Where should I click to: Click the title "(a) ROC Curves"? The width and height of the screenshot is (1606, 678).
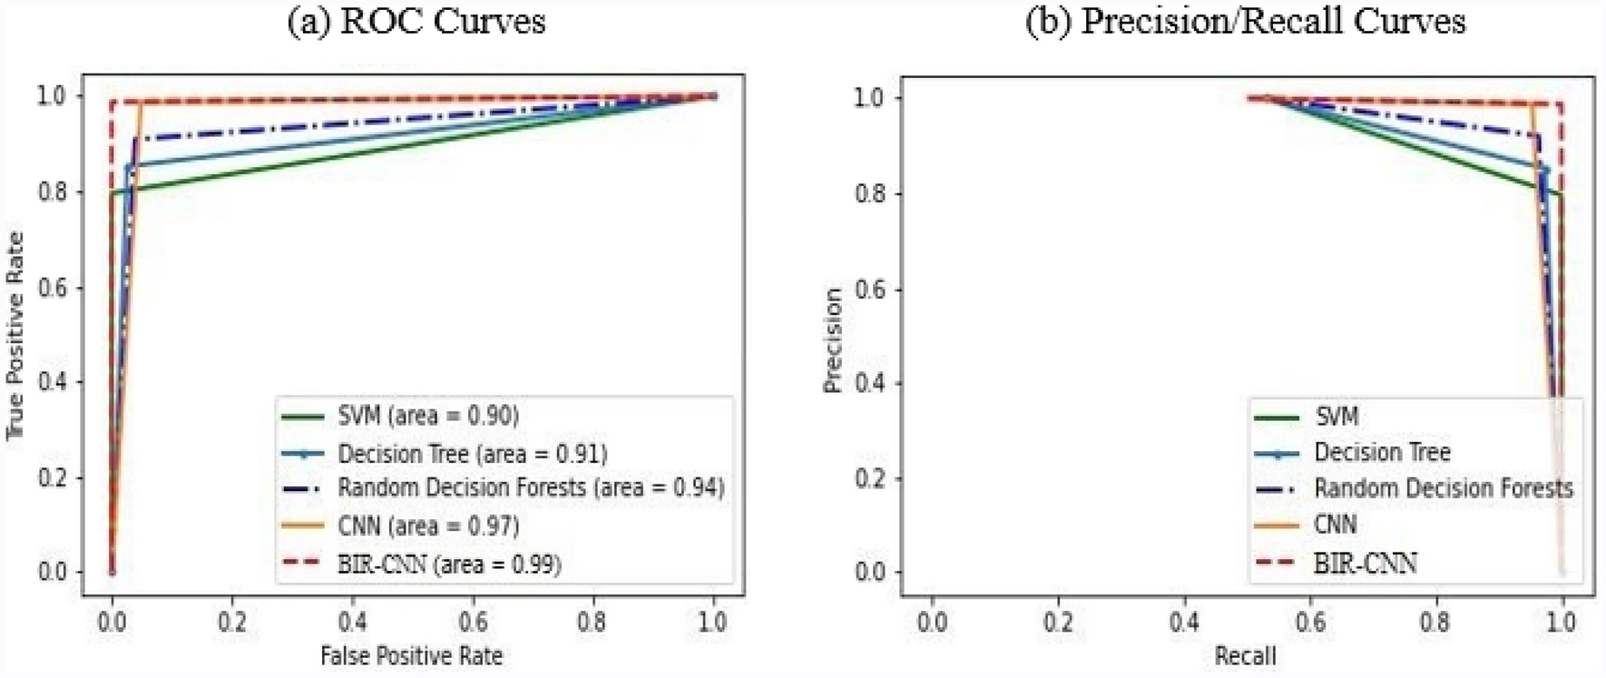[416, 21]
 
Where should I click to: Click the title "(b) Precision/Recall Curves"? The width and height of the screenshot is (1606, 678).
[1245, 21]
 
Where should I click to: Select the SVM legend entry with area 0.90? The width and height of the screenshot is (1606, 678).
[427, 416]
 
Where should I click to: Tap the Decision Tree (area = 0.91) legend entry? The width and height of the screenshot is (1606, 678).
[472, 453]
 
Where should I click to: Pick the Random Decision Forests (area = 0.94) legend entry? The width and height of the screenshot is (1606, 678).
[531, 488]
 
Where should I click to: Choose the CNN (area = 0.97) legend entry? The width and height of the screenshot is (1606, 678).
[427, 526]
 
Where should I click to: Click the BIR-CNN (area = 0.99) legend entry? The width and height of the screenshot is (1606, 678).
[449, 564]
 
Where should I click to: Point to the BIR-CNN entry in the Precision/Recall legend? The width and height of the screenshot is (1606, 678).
[1365, 564]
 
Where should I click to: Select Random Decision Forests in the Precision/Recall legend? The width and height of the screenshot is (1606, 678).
[1443, 488]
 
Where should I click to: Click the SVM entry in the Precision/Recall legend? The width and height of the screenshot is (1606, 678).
[1337, 417]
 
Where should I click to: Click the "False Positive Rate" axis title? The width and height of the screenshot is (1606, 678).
[411, 655]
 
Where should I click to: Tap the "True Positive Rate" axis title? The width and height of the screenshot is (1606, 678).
[15, 336]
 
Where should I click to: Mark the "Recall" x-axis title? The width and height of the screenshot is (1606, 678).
[1245, 655]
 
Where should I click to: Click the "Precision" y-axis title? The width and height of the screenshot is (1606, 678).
[832, 340]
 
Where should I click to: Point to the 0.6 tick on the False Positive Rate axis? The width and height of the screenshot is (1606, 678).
[473, 622]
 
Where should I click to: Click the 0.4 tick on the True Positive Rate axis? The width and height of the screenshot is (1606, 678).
[52, 382]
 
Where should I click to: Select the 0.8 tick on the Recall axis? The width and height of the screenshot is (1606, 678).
[1435, 623]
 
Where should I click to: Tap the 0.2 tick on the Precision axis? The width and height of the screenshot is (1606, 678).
[871, 477]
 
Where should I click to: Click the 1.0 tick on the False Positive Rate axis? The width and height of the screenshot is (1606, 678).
[713, 622]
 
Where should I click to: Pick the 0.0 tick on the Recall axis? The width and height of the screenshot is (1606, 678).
[932, 623]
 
